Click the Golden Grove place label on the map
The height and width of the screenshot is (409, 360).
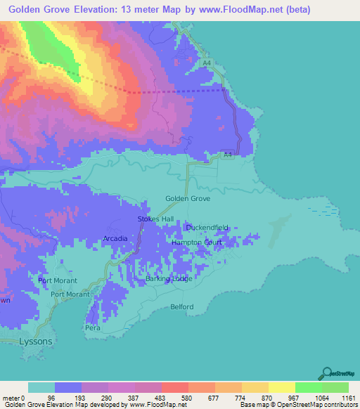tap(188, 199)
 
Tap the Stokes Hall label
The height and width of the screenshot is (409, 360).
tap(155, 219)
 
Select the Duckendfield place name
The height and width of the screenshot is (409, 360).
tap(207, 228)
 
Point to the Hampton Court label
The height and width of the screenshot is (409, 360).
tap(197, 242)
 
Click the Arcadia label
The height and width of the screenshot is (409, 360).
tap(115, 239)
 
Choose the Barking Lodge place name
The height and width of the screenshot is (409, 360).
tap(169, 279)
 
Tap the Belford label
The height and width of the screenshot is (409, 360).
tap(181, 307)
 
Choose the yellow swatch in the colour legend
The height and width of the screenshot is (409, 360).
tap(281, 387)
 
